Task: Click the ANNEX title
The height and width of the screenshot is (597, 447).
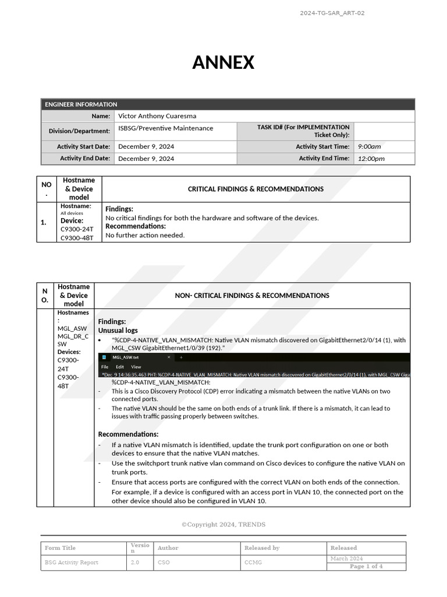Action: [x=223, y=62]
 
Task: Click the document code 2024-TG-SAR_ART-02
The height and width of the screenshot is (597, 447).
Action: [x=332, y=13]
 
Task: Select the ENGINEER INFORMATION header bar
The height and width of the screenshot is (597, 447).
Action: [x=228, y=104]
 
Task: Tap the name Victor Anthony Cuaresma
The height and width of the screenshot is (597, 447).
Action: [x=157, y=116]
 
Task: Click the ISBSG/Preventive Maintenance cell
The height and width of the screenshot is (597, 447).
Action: [x=166, y=128]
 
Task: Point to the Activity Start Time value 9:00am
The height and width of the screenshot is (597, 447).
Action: [x=369, y=147]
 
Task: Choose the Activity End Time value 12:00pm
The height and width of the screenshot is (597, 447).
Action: [x=371, y=159]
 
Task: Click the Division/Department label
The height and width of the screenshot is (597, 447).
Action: [x=79, y=131]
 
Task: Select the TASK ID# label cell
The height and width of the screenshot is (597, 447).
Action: [x=303, y=131]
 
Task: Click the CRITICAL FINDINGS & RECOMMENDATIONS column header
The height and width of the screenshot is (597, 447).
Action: [x=256, y=189]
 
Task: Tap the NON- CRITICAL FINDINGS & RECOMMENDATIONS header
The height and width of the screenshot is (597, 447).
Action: [x=252, y=296]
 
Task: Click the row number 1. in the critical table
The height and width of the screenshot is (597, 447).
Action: [x=44, y=222]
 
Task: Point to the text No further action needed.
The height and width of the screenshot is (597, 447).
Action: [x=145, y=236]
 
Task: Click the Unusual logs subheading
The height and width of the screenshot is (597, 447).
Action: [x=118, y=331]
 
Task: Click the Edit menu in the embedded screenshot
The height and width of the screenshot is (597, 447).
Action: [x=120, y=367]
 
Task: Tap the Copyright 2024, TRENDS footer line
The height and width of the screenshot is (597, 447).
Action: [x=223, y=525]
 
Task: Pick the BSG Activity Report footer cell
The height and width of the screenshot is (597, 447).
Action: [x=72, y=563]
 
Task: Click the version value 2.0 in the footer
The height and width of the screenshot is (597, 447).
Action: [x=135, y=563]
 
